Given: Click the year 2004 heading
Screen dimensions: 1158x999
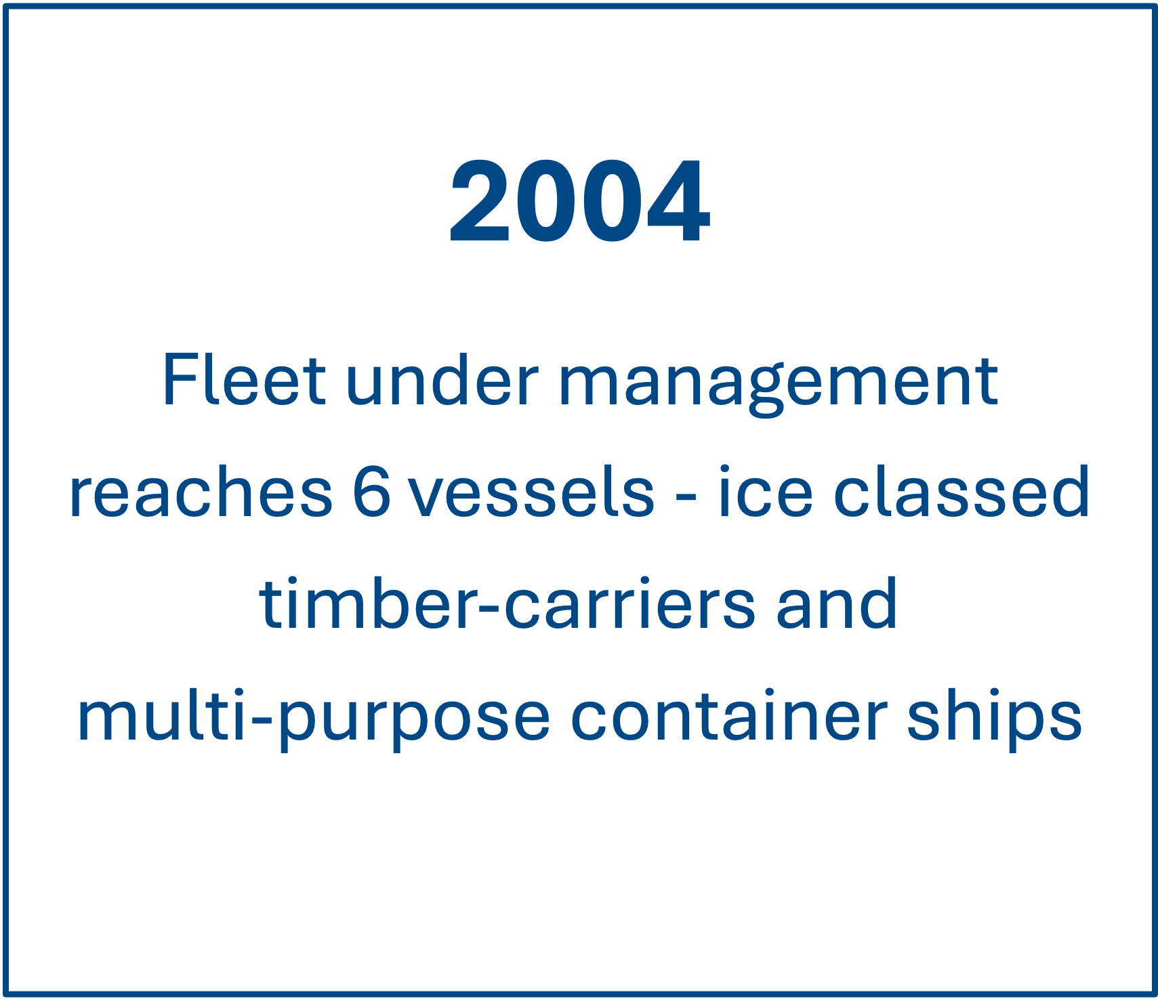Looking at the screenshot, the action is pyautogui.click(x=579, y=201).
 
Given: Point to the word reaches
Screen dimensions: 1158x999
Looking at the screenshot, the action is pyautogui.click(x=201, y=493).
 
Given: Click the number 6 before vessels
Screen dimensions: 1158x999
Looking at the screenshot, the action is pyautogui.click(x=372, y=492).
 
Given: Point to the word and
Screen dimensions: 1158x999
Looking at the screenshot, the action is pyautogui.click(x=836, y=603).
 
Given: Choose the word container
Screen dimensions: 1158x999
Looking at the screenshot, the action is pyautogui.click(x=728, y=715).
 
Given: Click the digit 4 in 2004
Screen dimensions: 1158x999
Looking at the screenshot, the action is pyautogui.click(x=678, y=201).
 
